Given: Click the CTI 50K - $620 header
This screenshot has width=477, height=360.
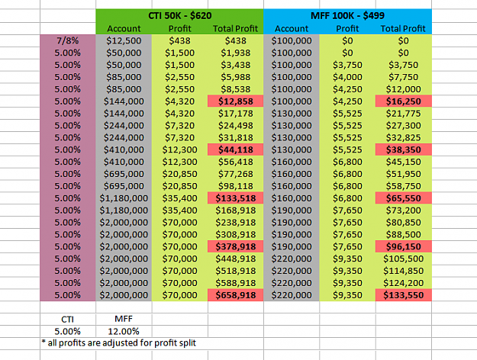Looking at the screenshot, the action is pos(180,15).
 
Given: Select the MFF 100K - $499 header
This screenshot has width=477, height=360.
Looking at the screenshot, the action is pos(347,15).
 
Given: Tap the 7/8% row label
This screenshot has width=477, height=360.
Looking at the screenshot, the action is pos(67,40).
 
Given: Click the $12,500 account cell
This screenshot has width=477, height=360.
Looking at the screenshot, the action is pos(124,40).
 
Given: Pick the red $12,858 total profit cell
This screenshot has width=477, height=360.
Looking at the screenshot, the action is pos(236,101).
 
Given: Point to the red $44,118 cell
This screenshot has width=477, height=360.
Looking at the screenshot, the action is pos(236,149).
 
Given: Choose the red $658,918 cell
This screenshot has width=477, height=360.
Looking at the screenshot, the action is pos(236,295).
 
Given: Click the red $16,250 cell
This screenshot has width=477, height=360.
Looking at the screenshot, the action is pos(404,101).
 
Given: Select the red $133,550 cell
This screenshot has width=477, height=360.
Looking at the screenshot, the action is pos(404,295).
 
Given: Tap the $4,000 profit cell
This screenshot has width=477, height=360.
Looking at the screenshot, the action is pos(347,77).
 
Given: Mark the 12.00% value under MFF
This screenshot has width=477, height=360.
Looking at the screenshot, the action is pos(124,331).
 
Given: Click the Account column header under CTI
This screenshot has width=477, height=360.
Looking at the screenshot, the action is pos(124,28).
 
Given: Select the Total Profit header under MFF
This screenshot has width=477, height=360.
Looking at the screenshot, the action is pos(403,28).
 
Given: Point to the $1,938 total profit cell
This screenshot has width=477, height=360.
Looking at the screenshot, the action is pos(236,53).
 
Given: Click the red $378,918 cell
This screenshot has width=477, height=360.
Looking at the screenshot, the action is pos(236,246).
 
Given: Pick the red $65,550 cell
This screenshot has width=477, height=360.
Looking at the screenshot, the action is pos(404,198).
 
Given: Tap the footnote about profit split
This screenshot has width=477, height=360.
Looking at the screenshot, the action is pos(119,343).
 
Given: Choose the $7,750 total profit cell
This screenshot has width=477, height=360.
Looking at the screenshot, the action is pos(404,77).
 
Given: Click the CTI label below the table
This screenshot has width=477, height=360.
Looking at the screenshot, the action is pos(67,320).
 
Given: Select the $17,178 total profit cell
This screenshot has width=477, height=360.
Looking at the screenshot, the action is pos(236,114).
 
